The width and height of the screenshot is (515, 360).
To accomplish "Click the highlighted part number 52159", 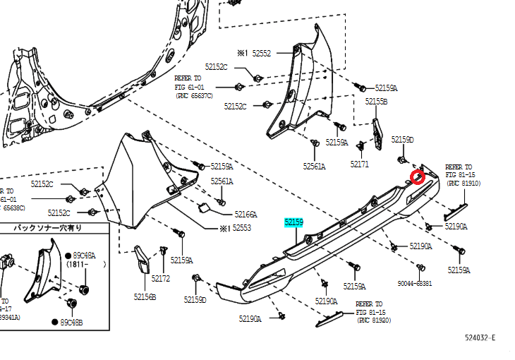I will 293,222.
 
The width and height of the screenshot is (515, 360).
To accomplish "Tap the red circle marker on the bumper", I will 418,176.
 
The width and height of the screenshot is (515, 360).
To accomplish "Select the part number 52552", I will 262,53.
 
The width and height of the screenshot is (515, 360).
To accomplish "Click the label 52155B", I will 376,102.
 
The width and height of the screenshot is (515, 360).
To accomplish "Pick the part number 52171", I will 359,164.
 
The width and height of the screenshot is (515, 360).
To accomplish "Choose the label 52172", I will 161,278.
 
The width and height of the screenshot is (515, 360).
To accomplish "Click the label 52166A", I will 246,214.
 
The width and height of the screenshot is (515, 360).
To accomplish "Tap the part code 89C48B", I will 71,322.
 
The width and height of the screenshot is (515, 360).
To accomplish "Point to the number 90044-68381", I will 415,283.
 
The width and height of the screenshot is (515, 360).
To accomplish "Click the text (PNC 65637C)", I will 194,95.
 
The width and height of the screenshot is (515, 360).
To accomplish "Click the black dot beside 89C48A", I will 68,255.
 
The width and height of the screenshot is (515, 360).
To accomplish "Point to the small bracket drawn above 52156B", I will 140,256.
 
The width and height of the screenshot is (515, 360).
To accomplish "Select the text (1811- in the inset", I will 79,264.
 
